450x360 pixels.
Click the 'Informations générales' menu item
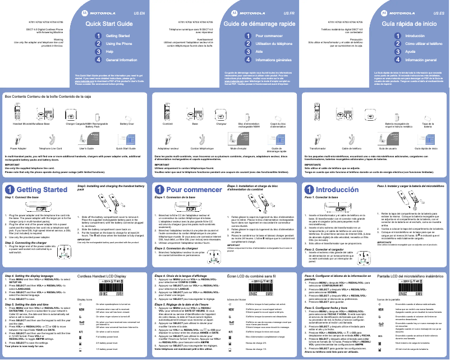point(277,59)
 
